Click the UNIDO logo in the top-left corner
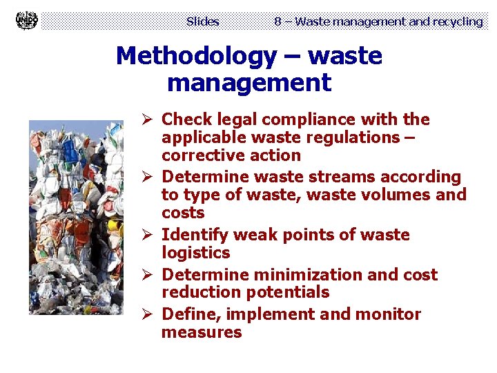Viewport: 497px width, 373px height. [x=26, y=21]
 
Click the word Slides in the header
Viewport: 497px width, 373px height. [x=202, y=21]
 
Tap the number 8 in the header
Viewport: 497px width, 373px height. [x=277, y=21]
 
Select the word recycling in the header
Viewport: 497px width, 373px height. [x=458, y=21]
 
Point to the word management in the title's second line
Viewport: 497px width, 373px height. [x=249, y=83]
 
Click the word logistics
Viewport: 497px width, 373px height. [x=195, y=253]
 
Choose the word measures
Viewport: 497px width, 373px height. [x=202, y=332]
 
